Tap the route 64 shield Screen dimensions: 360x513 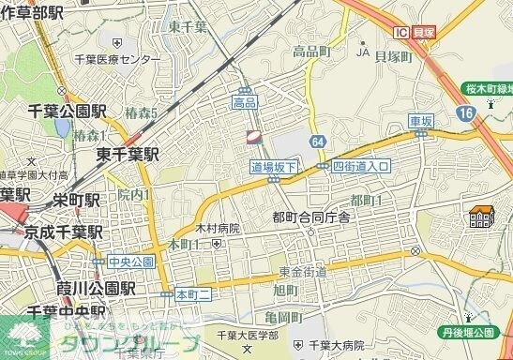pyautogui.click(x=320, y=141)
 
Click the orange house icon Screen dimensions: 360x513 pyautogui.click(x=482, y=218)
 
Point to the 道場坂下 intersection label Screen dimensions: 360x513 pyautogui.click(x=273, y=166)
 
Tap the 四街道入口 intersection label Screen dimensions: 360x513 pyautogui.click(x=360, y=166)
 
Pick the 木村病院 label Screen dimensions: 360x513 pyautogui.click(x=218, y=228)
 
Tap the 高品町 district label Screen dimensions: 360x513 pyautogui.click(x=311, y=52)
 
